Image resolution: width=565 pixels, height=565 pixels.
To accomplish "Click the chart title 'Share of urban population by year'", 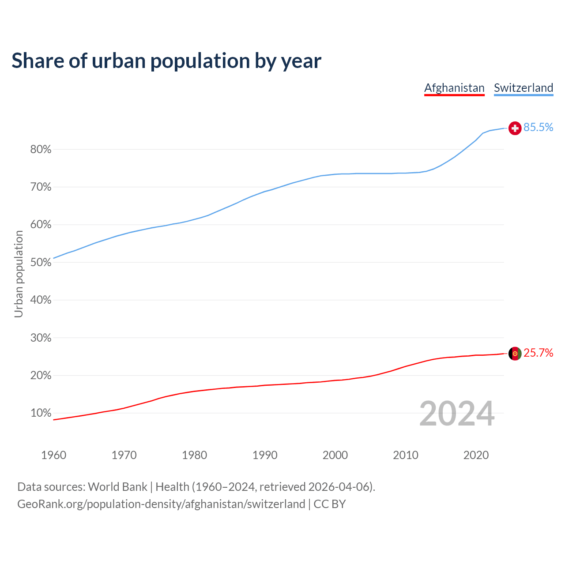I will [x=166, y=61].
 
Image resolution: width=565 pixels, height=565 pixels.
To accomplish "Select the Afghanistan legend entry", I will [x=454, y=88].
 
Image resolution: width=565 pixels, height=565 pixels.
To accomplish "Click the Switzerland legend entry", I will [x=523, y=88].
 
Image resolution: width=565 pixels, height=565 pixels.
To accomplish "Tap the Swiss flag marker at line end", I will [x=515, y=128].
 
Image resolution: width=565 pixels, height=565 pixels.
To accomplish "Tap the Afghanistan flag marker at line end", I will [x=515, y=354].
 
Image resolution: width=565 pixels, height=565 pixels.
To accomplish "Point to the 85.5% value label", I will [x=538, y=128].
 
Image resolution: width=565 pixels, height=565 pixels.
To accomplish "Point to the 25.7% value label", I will [x=538, y=353].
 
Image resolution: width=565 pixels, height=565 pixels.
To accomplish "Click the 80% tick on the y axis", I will [x=41, y=150].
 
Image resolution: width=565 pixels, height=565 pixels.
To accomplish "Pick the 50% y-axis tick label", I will [x=41, y=263].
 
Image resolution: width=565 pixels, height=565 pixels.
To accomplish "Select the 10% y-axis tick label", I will [x=41, y=413].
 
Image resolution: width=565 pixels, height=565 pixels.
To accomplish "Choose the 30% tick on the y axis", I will [x=41, y=338].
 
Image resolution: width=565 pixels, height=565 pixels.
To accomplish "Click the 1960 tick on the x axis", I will [x=53, y=455].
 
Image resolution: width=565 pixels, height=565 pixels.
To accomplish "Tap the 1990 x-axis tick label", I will [x=265, y=455].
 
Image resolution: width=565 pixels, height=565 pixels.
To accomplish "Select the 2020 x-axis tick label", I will [x=476, y=455].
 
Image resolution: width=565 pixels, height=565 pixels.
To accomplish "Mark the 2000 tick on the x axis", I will [x=335, y=455].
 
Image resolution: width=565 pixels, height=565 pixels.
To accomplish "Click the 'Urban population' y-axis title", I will [x=19, y=274].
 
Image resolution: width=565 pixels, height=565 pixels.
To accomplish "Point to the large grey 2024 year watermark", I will [x=457, y=414].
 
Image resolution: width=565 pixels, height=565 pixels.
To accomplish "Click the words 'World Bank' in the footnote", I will [x=117, y=487].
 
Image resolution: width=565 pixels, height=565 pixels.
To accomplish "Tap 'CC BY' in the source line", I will [x=330, y=504].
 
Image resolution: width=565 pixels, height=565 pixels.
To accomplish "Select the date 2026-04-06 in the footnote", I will [x=339, y=487].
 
